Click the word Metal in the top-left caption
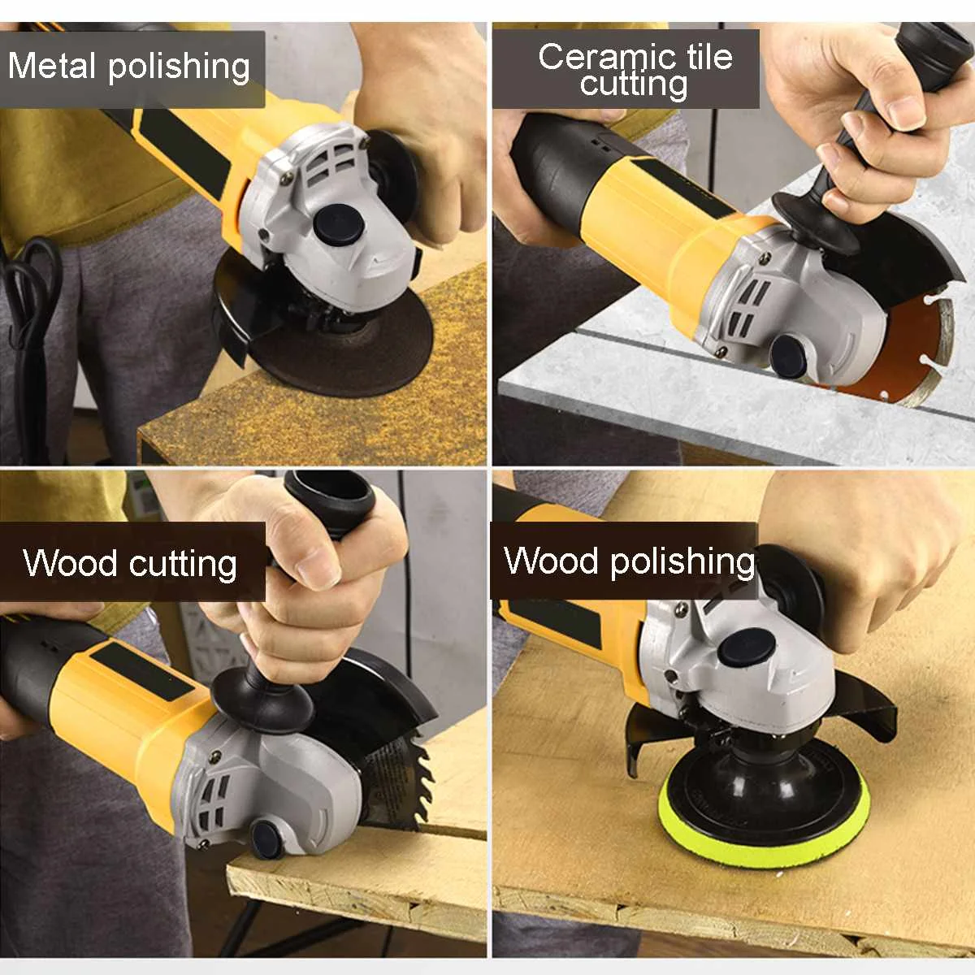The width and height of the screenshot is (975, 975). tap(52, 67)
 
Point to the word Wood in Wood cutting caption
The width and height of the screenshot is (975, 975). tap(71, 563)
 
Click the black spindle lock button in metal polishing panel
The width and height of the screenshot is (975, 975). tap(335, 223)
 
